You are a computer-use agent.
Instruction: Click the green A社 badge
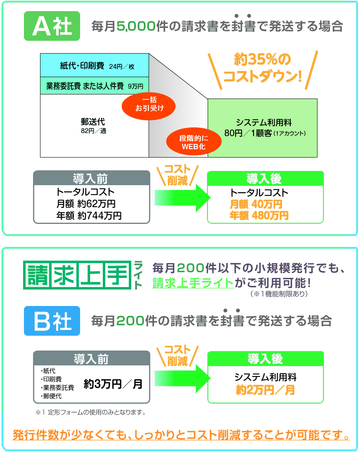(52, 26)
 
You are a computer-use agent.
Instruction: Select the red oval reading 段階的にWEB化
(194, 142)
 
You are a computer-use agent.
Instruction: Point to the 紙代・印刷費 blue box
(94, 65)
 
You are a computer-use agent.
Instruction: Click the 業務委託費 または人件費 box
(94, 86)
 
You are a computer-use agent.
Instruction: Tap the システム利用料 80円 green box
(262, 127)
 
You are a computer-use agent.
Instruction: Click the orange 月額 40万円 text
(256, 204)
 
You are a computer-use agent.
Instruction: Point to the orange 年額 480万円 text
(259, 215)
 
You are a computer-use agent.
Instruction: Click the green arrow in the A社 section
(180, 197)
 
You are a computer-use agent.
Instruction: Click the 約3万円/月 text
(113, 384)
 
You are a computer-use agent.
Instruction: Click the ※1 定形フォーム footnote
(91, 412)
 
